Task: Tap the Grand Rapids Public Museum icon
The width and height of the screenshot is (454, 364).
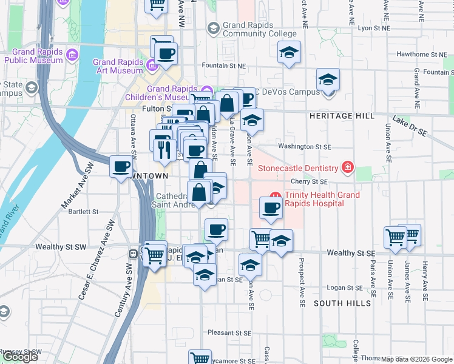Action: (72, 56)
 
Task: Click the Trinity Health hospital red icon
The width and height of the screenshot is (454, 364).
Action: (274, 195)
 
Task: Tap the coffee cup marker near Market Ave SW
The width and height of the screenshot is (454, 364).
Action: (121, 166)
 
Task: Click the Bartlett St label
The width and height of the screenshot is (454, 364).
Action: (84, 212)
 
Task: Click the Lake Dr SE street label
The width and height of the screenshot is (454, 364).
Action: (410, 124)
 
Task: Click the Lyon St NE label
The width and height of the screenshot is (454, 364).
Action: (373, 28)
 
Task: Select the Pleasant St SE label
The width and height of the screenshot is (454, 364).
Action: (229, 333)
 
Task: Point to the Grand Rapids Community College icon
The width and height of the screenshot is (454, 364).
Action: (213, 28)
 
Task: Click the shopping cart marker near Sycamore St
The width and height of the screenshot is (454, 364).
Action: (199, 358)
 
